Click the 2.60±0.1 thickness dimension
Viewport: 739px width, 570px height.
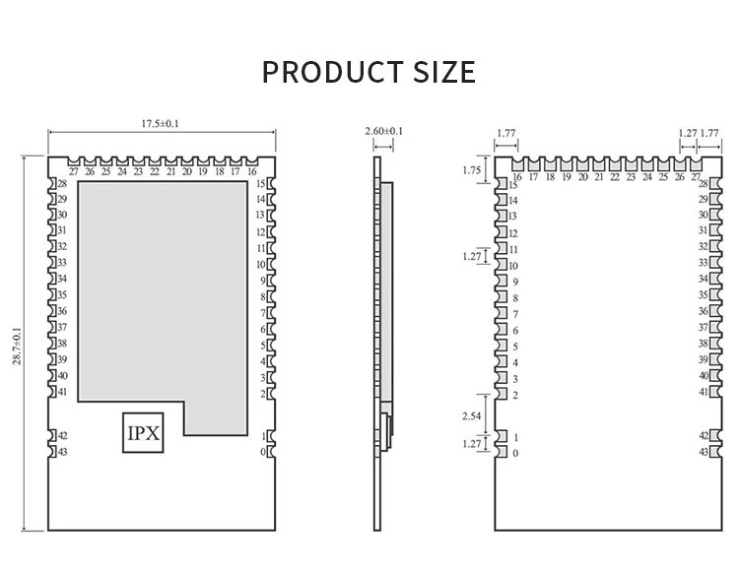click(x=384, y=131)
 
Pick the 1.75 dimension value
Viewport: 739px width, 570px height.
click(x=472, y=169)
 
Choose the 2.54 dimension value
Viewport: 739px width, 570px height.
click(x=472, y=416)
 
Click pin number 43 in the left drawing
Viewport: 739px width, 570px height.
click(x=62, y=452)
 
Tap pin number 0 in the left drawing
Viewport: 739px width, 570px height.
click(x=263, y=452)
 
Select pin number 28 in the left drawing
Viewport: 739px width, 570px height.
click(x=62, y=184)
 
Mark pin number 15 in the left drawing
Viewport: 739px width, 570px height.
click(x=261, y=184)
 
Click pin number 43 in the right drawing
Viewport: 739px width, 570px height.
click(x=704, y=452)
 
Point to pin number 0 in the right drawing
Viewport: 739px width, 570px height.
click(x=515, y=453)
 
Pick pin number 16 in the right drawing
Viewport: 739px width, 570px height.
click(x=517, y=177)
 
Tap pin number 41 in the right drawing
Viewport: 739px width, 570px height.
click(x=704, y=392)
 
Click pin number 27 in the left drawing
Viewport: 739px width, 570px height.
click(x=74, y=171)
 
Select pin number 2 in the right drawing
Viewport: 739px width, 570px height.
click(x=515, y=395)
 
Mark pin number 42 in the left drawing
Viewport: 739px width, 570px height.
click(x=62, y=435)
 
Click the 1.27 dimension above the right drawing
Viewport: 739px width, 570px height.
click(x=687, y=131)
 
